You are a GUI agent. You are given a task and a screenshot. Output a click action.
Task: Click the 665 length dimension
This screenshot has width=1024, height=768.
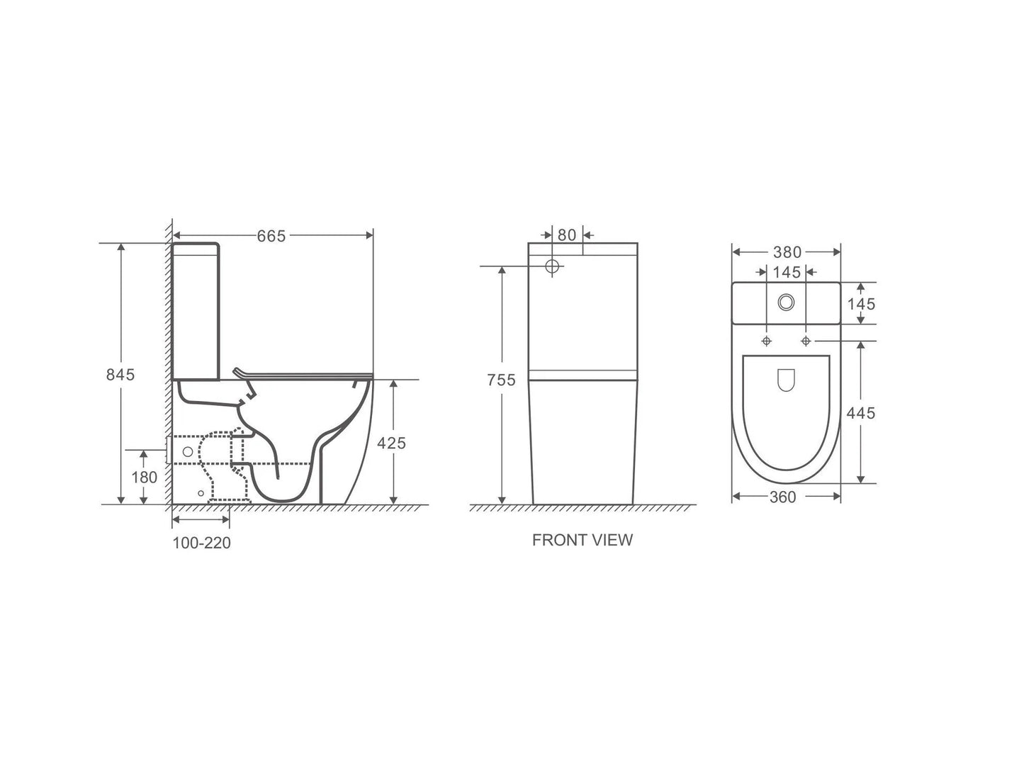coord(271,236)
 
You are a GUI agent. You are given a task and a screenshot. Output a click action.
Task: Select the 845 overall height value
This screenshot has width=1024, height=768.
coord(120,374)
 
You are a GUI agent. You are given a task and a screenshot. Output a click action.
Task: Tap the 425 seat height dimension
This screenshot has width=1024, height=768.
coord(391,443)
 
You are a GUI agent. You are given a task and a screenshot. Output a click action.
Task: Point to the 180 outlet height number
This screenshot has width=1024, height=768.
coord(145,477)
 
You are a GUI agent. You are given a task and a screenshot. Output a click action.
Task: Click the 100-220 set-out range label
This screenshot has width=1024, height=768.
coord(201,543)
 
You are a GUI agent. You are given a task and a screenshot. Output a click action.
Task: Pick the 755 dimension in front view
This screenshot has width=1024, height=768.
coord(501,380)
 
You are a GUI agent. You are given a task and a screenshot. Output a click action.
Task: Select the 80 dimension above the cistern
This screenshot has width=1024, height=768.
coord(567,235)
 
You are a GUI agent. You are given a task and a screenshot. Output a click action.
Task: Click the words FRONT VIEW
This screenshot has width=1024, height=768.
coord(582,540)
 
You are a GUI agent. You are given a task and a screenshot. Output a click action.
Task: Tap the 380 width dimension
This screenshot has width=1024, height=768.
coord(787,252)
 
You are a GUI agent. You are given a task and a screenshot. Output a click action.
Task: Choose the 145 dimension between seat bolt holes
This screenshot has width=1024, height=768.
coord(787,272)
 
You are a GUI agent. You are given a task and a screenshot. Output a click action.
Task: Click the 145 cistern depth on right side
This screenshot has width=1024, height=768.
coord(861,304)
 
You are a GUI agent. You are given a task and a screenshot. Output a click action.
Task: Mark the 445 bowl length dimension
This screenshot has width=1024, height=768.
coord(861,412)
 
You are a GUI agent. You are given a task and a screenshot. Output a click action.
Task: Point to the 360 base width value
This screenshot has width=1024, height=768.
coord(783,497)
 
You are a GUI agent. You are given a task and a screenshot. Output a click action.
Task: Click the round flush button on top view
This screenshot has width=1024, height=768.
coord(786,302)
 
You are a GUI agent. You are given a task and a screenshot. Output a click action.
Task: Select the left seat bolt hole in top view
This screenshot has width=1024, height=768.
coord(766,341)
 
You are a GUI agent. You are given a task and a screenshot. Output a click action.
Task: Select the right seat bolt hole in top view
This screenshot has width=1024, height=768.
coord(806,341)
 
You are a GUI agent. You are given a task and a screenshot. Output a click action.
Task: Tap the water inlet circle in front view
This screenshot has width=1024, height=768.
coord(553,266)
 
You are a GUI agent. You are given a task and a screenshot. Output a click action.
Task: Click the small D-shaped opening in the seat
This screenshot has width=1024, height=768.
coord(786,380)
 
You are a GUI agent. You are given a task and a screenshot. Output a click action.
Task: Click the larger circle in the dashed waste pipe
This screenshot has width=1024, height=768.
coord(188,451)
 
